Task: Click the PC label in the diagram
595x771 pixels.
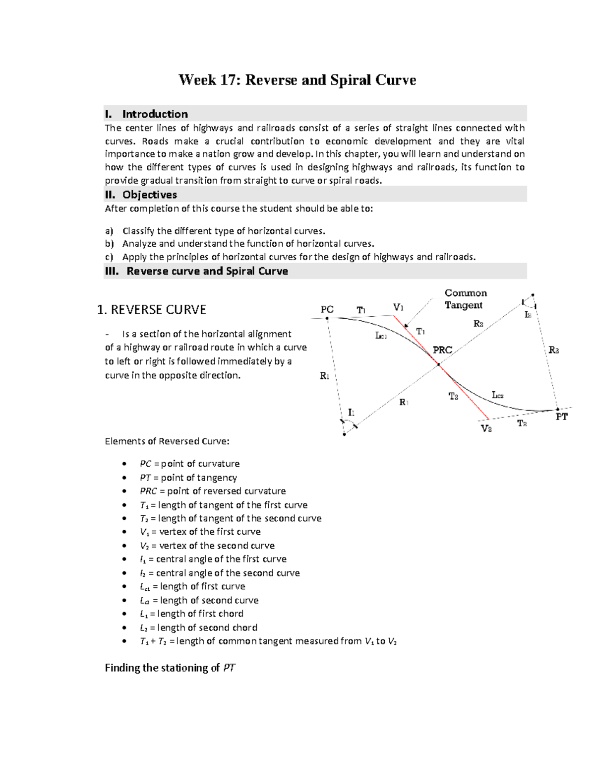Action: click(327, 309)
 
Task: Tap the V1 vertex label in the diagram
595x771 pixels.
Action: click(398, 307)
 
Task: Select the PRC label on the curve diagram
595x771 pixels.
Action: click(442, 350)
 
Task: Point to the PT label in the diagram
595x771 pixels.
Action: click(561, 417)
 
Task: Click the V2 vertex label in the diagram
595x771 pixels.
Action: click(486, 428)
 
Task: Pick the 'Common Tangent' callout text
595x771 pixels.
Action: click(465, 299)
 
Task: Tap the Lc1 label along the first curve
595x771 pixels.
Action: click(381, 336)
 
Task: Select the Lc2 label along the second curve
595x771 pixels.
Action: click(497, 395)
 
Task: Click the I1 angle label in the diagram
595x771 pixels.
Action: click(351, 412)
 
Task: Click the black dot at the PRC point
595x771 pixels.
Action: click(438, 365)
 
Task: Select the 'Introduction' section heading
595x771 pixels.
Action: click(155, 114)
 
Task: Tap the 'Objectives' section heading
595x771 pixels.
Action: click(149, 195)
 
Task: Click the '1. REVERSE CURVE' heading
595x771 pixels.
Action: click(152, 310)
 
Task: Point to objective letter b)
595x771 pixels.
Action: click(109, 244)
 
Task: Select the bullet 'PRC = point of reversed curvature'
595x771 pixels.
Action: click(213, 491)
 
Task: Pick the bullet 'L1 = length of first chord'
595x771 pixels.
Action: click(191, 614)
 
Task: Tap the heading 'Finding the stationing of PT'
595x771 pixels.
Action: click(170, 668)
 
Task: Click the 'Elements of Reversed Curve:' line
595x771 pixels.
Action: click(167, 441)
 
